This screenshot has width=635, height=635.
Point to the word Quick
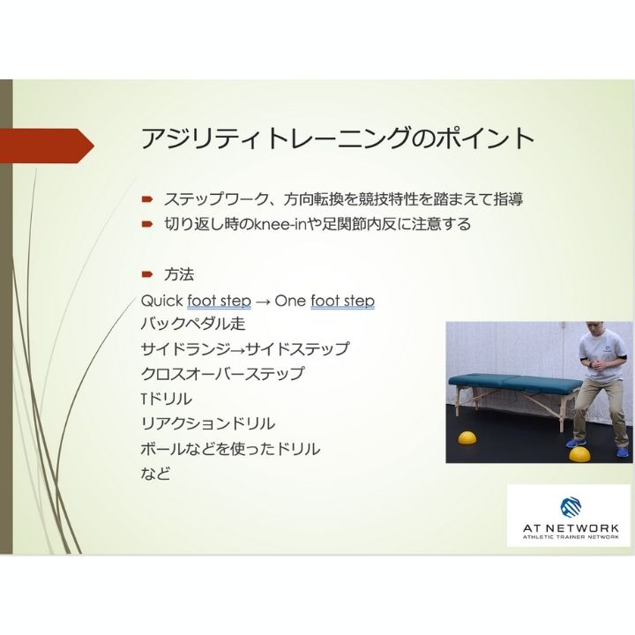click(x=161, y=301)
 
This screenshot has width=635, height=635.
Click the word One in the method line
click(x=291, y=301)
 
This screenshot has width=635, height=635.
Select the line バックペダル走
click(x=186, y=325)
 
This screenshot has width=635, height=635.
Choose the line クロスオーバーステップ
click(x=222, y=374)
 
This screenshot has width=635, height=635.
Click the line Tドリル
click(x=166, y=399)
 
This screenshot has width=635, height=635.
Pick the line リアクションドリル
click(x=207, y=423)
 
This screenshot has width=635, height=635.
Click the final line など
click(x=155, y=474)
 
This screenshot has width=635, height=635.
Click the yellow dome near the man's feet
click(x=580, y=454)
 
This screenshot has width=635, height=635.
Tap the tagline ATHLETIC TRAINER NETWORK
click(x=570, y=536)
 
